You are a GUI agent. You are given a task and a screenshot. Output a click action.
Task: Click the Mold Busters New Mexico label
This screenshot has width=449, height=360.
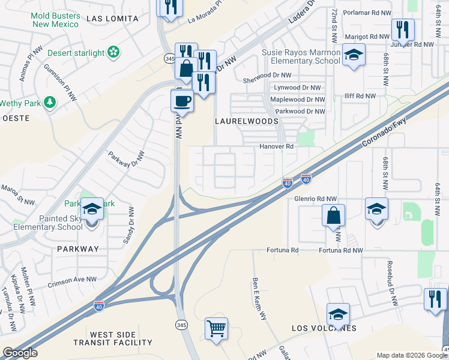pyautogui.click(x=56, y=19)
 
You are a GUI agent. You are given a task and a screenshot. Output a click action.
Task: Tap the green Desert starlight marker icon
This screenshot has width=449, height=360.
pyautogui.click(x=112, y=53)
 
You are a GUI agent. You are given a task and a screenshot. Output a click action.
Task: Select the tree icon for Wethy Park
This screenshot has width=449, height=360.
pyautogui.click(x=49, y=103)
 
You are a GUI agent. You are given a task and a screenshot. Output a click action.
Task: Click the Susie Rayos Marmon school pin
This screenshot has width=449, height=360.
pyautogui.click(x=354, y=55)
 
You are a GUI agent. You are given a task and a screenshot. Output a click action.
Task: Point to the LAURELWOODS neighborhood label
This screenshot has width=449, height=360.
pyautogui.click(x=246, y=121)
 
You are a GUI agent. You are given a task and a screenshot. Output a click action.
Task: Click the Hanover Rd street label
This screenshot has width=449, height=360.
pyautogui.click(x=276, y=146)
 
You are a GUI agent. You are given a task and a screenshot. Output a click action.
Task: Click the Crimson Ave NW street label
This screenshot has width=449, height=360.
pyautogui.click(x=73, y=280)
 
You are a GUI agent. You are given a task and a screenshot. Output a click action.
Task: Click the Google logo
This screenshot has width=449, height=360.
pyautogui.click(x=20, y=353)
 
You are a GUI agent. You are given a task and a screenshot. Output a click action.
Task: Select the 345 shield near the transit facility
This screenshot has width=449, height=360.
pyautogui.click(x=181, y=325)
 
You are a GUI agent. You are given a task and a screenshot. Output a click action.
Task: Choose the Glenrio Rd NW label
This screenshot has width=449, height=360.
pyautogui.click(x=316, y=199)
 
